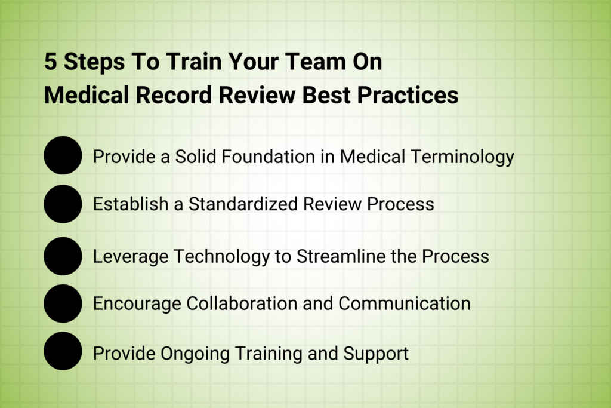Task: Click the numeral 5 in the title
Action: click(x=51, y=62)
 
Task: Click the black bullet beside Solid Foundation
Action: click(x=63, y=155)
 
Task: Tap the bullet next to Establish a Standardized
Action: click(x=63, y=204)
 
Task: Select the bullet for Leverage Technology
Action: click(x=63, y=256)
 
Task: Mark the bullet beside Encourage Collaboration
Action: click(x=63, y=303)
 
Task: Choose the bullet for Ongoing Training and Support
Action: click(x=63, y=351)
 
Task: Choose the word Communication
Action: click(x=404, y=303)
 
